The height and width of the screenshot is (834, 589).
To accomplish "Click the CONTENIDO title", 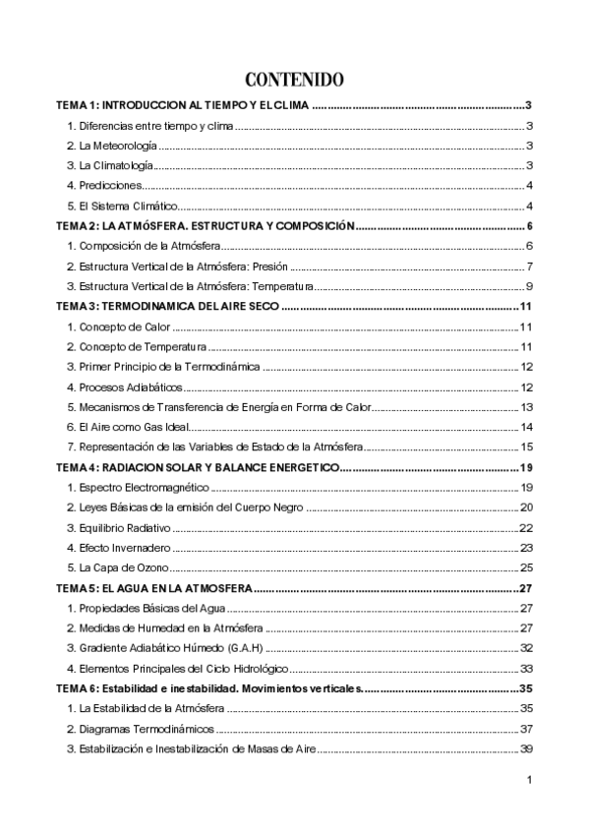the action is pyautogui.click(x=294, y=79).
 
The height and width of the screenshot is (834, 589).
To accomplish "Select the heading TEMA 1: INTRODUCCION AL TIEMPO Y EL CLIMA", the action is pyautogui.click(x=183, y=105).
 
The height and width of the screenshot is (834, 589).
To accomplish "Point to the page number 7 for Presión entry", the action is pyautogui.click(x=529, y=267).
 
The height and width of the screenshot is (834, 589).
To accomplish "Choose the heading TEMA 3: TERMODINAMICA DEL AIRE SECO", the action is pyautogui.click(x=168, y=307).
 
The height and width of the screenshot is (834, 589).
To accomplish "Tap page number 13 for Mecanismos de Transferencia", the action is pyautogui.click(x=527, y=407).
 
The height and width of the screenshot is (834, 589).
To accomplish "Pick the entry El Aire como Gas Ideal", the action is pyautogui.click(x=127, y=427).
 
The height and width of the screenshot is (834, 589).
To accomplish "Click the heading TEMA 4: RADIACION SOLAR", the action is pyautogui.click(x=197, y=467).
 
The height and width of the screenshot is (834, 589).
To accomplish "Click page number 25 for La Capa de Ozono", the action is pyautogui.click(x=526, y=567).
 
